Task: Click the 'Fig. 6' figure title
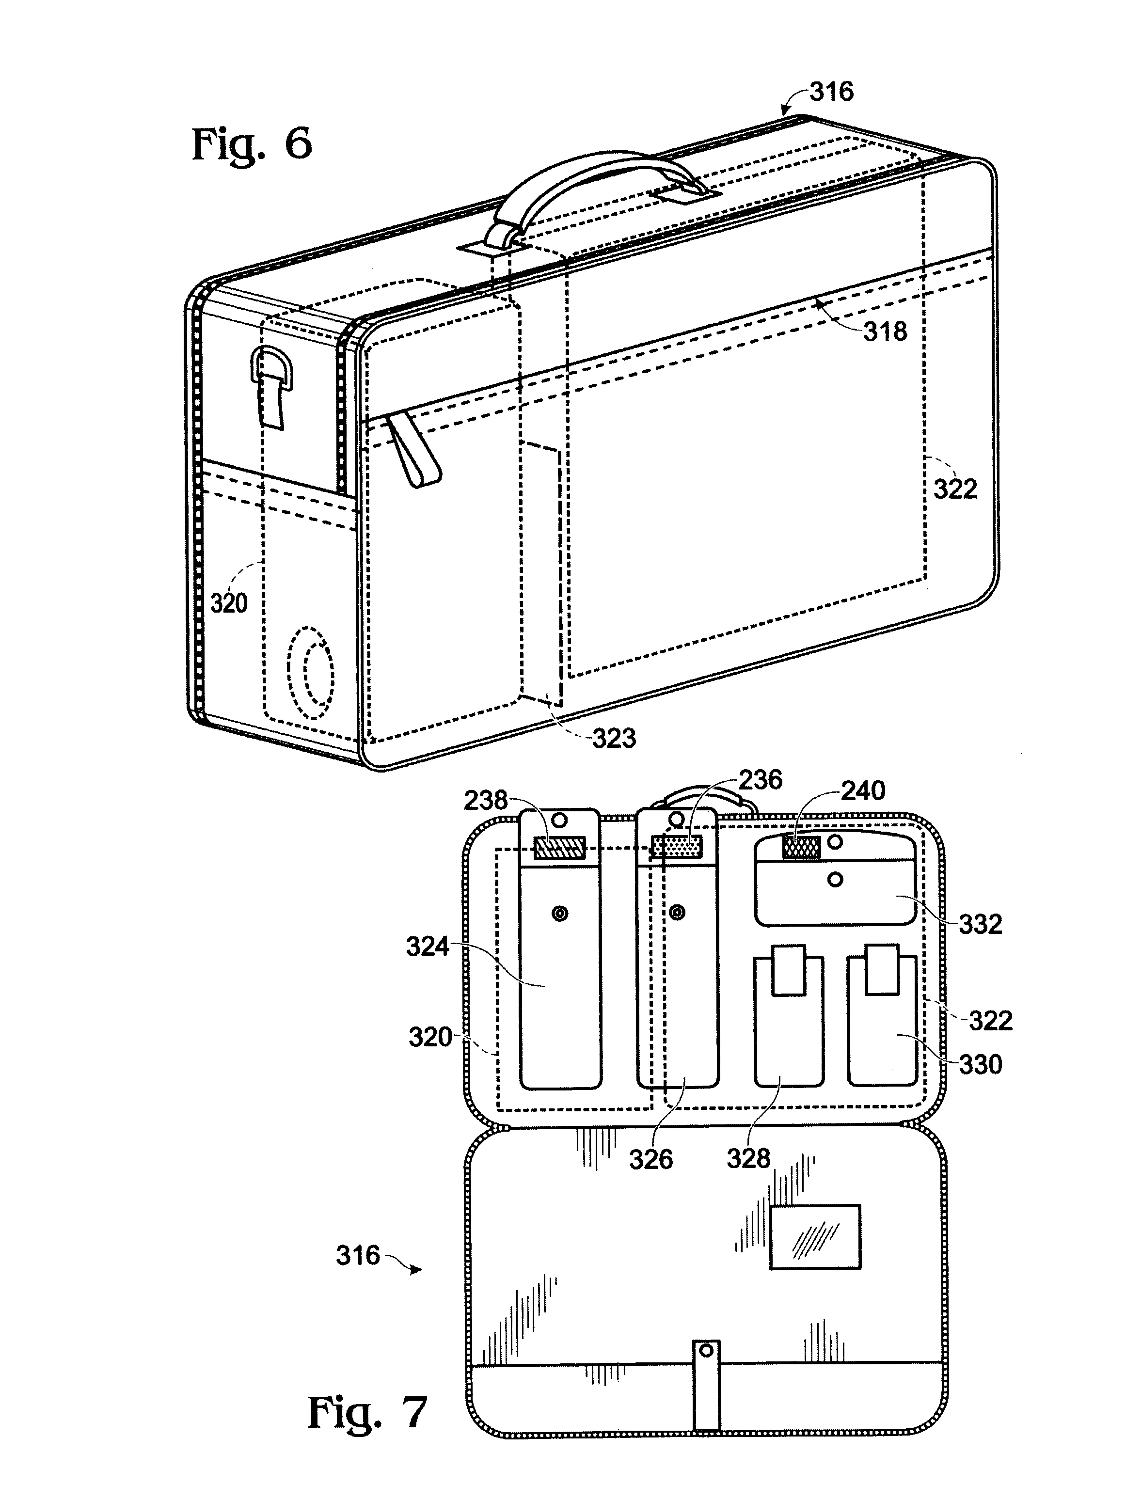(x=253, y=144)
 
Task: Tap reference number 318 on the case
(x=885, y=332)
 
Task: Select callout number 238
(x=486, y=800)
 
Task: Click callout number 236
(x=761, y=780)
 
